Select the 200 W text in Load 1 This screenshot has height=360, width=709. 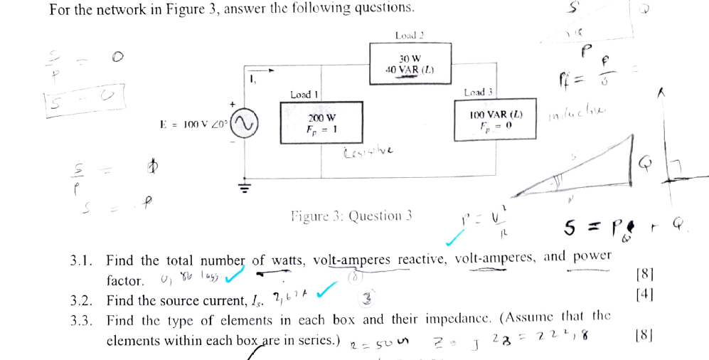[321, 117]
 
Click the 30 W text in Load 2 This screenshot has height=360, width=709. [410, 58]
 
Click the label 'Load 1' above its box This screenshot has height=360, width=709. [304, 94]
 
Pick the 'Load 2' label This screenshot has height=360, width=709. [409, 35]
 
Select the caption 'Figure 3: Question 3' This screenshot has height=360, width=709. [351, 216]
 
